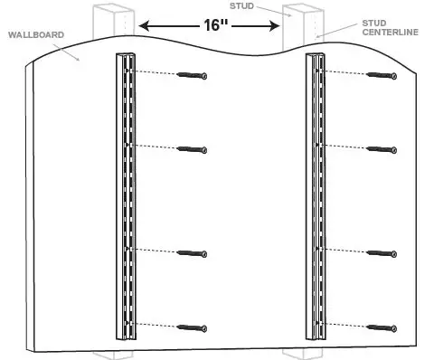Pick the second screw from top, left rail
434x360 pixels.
point(192,148)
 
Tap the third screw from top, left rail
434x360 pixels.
point(192,253)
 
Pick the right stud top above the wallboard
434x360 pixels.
point(301,23)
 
